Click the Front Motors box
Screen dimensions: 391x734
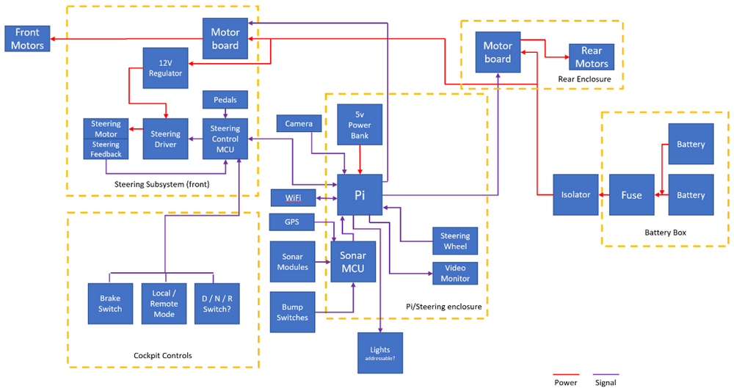click(27, 39)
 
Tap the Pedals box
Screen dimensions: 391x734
click(225, 99)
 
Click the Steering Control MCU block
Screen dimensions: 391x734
click(225, 139)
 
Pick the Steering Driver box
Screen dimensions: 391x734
click(166, 139)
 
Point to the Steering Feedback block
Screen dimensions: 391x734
click(106, 149)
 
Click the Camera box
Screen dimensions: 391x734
click(299, 124)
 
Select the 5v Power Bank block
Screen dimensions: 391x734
click(360, 125)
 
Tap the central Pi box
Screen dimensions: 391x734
click(360, 194)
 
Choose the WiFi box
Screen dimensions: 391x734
click(293, 197)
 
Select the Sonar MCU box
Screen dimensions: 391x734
click(354, 262)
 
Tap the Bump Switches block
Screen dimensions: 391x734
click(293, 312)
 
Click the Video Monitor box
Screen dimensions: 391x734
click(455, 274)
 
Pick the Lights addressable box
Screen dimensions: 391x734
click(379, 352)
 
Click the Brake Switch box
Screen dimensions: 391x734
click(109, 304)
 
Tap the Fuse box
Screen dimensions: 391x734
click(631, 195)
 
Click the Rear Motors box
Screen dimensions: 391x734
click(592, 57)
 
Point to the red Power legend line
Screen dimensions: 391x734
click(566, 373)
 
